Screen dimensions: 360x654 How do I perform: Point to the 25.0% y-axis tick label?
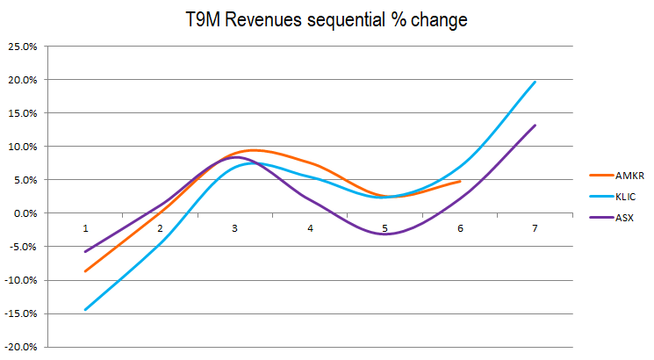click(x=20, y=47)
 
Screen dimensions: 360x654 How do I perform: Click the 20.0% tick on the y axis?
click(x=20, y=80)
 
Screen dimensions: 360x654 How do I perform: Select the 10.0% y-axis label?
click(x=20, y=147)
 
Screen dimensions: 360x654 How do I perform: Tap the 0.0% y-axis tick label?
click(x=23, y=213)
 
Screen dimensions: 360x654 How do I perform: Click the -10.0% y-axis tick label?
click(x=18, y=280)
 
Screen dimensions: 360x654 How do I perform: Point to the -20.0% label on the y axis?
click(x=18, y=347)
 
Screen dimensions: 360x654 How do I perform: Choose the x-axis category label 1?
click(x=85, y=228)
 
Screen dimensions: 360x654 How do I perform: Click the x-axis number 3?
click(x=234, y=228)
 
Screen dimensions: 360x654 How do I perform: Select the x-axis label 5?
click(x=384, y=228)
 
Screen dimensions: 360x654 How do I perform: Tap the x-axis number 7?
click(x=534, y=228)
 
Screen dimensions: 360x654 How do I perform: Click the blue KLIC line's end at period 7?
click(x=535, y=82)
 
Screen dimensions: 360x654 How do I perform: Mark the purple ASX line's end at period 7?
click(x=535, y=125)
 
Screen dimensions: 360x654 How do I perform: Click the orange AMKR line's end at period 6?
click(x=460, y=182)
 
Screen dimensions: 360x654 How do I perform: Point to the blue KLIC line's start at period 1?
click(x=85, y=309)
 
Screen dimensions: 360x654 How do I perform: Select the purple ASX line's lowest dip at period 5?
click(x=384, y=234)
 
